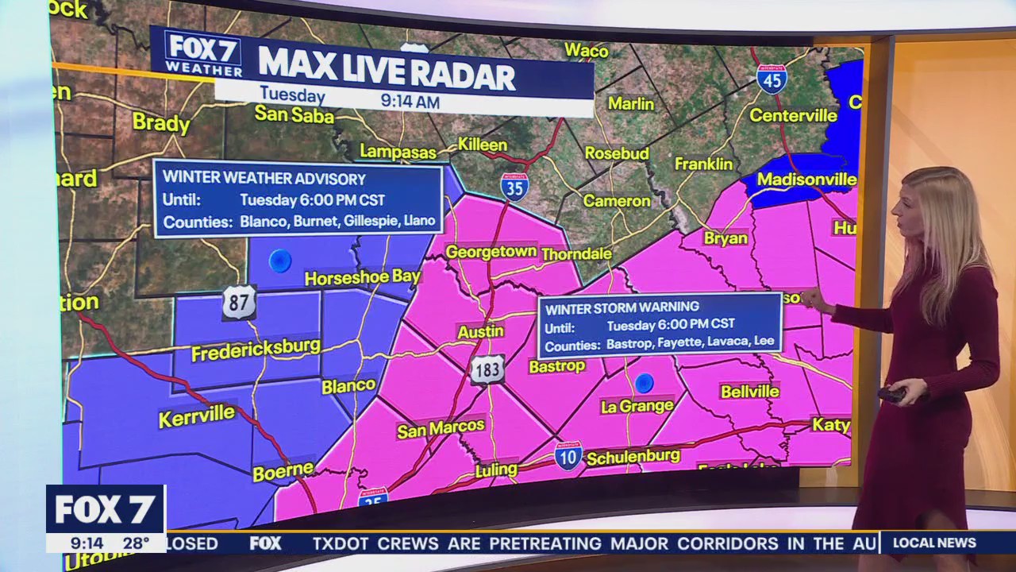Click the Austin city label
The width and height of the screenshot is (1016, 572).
coord(481,332)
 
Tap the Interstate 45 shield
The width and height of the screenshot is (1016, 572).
coord(771,79)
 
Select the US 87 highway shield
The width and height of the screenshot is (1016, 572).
coord(238,303)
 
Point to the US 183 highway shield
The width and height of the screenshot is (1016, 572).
coord(487,369)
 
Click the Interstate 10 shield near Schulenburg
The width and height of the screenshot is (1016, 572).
coord(568,456)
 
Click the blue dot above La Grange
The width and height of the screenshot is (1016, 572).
coord(644,384)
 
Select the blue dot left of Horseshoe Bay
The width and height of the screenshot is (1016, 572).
coord(279,261)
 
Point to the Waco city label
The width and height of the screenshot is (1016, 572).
coord(586,51)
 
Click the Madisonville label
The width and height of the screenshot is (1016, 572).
coord(806,179)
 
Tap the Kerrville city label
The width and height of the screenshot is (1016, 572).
coord(197,415)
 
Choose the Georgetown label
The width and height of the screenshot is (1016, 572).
coord(491,252)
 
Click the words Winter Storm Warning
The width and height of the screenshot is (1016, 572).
coord(622,307)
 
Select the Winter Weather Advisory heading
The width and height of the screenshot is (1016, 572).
coord(264,179)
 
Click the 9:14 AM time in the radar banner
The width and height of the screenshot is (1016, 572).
coord(410,101)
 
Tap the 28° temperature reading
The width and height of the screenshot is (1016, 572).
coord(136,543)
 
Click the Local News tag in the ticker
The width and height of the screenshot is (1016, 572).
coord(934,543)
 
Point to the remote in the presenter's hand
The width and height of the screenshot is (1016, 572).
coord(891,393)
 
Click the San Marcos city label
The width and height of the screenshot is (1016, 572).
coord(441,429)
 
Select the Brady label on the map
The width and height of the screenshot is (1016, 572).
coord(161,123)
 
